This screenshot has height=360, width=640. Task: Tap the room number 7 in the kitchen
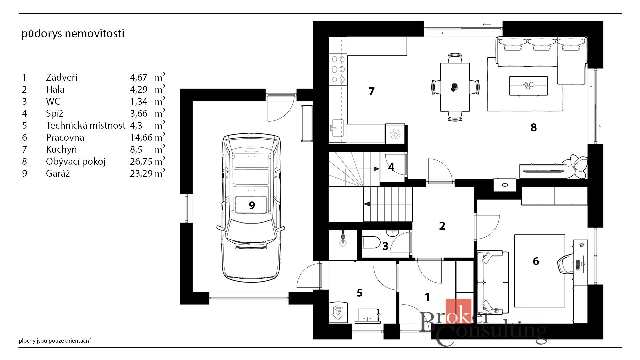[x=371, y=91]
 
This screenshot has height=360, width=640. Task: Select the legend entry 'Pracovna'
[x=65, y=137]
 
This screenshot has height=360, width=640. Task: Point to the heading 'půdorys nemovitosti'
[x=73, y=33]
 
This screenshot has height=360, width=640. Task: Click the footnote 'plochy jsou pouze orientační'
[x=55, y=341]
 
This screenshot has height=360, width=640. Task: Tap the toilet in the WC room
[x=371, y=242]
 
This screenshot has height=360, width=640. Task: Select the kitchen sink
[x=337, y=128]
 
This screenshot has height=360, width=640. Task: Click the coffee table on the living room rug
[x=528, y=86]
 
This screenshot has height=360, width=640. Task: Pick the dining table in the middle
[x=455, y=87]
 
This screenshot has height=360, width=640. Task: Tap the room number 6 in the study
[x=536, y=261]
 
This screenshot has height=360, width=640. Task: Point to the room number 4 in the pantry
[x=391, y=167]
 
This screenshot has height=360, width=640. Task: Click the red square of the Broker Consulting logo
[x=458, y=311]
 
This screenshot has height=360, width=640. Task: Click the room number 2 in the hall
[x=442, y=226]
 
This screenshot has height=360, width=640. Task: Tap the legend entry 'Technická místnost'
[x=86, y=125]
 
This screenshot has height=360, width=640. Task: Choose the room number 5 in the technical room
[x=359, y=293]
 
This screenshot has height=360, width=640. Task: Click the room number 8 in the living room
[x=533, y=127]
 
